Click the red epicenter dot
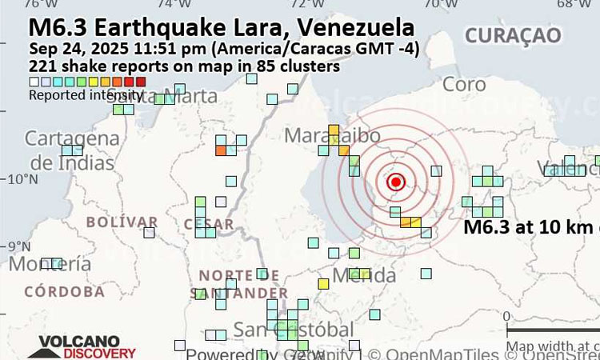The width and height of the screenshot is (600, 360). [x=395, y=182]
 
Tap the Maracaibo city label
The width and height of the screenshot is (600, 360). [x=332, y=136]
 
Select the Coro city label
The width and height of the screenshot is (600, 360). [x=464, y=84]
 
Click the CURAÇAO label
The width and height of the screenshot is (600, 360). [x=513, y=34]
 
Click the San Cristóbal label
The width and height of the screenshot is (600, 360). [x=293, y=330]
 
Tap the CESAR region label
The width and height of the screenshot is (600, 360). [x=209, y=225]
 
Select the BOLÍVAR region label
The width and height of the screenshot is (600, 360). [x=122, y=222]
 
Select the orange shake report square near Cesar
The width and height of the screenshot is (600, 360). [x=221, y=150]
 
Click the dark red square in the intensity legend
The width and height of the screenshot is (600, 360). [x=141, y=82]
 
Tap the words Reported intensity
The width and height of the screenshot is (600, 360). [x=86, y=95]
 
